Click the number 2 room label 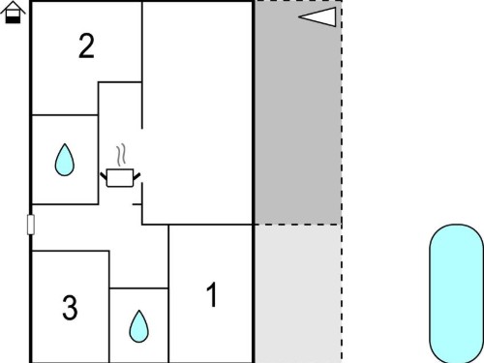point(86,45)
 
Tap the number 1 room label point(212,294)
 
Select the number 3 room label point(70,308)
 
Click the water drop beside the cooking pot point(65,160)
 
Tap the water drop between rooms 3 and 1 point(139,326)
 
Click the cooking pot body point(120,178)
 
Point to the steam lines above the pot point(121,155)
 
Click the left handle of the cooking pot point(104,176)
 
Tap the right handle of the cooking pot point(136,176)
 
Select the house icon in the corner point(13,13)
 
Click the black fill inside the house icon point(13,19)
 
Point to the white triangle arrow point(318,17)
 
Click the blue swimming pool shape point(457,293)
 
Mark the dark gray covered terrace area point(298,112)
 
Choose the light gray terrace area point(298,293)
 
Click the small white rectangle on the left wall point(31,225)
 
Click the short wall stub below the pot point(137,204)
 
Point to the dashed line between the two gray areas point(298,225)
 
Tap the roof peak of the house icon point(13,2)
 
